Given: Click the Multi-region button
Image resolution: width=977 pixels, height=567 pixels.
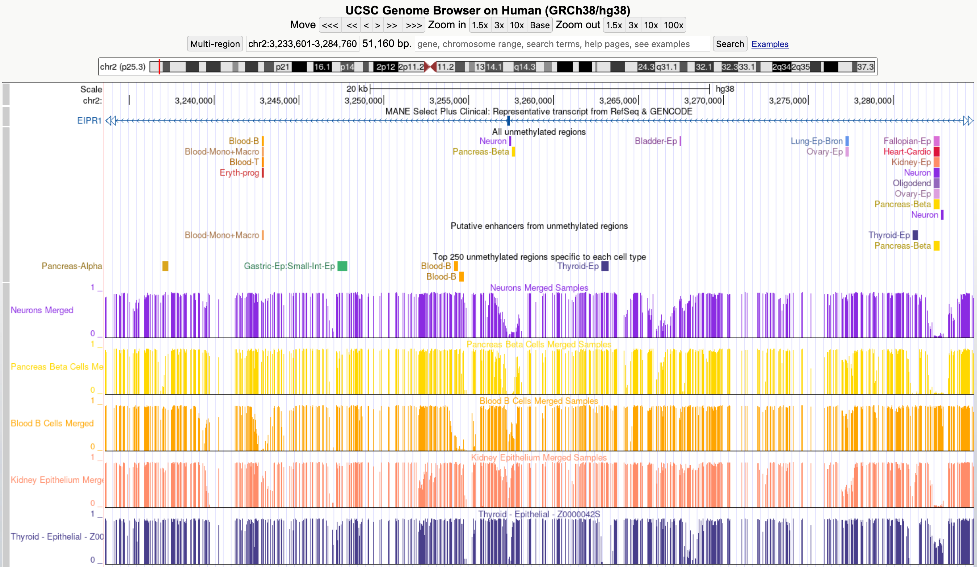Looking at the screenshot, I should click(x=215, y=44).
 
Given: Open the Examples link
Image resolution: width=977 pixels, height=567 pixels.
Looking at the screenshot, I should click(x=770, y=44).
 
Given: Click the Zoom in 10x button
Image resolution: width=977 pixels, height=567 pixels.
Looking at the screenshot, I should click(x=517, y=25).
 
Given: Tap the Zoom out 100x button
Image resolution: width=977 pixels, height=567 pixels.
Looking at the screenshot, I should click(x=673, y=25).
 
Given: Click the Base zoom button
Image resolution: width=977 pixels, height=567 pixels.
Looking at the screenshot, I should click(x=540, y=25).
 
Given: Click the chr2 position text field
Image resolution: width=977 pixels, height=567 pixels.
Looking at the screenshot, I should click(x=302, y=44).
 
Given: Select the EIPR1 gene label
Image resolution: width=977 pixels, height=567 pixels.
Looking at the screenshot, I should click(x=89, y=120).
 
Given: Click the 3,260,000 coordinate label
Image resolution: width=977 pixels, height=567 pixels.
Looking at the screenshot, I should click(x=533, y=101).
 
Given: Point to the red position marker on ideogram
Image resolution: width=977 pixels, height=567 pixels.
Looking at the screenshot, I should click(x=159, y=67).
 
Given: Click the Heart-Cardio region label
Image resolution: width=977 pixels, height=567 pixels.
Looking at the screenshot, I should click(x=907, y=152).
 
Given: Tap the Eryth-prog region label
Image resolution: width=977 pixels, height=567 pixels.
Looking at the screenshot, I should click(x=239, y=173).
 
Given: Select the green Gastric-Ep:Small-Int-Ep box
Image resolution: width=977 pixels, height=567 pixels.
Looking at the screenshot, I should click(x=342, y=266).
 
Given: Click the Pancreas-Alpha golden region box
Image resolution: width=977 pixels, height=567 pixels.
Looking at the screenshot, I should click(x=165, y=266).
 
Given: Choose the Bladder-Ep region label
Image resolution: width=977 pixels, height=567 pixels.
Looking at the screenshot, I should click(x=656, y=141).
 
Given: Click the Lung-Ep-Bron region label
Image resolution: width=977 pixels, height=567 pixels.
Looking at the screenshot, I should click(x=817, y=141).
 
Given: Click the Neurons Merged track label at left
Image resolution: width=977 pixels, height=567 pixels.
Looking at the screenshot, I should click(x=42, y=310).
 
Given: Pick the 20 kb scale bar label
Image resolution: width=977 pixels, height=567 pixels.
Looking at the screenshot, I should click(x=357, y=89).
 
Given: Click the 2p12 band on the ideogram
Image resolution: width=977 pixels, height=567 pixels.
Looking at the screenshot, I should click(x=386, y=67).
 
